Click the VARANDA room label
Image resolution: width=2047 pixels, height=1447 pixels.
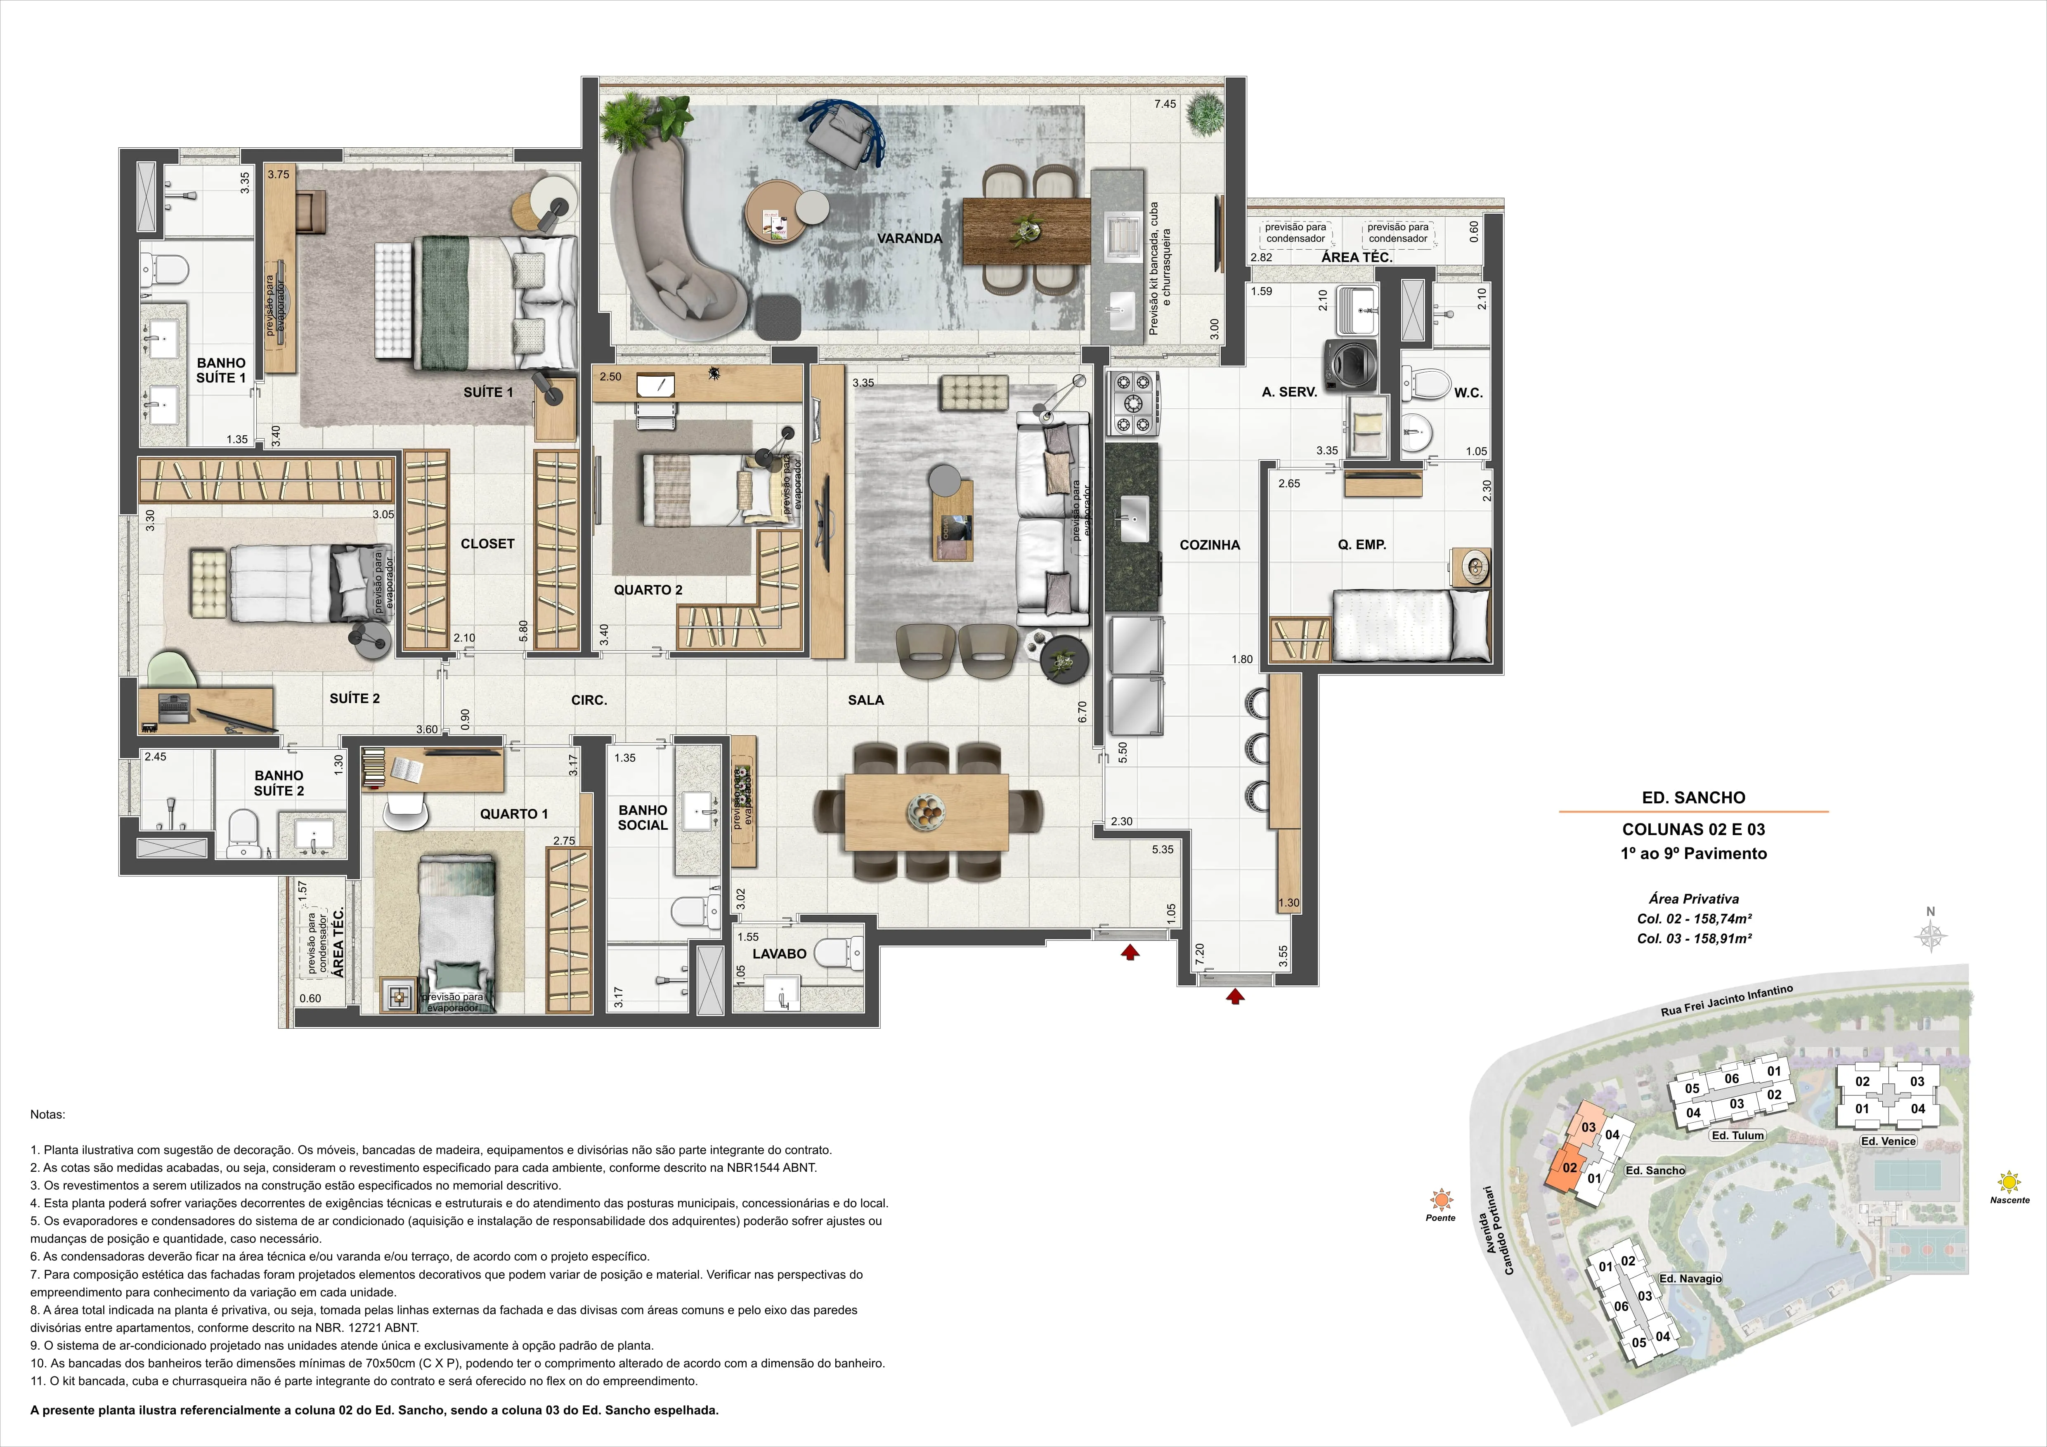pos(909,238)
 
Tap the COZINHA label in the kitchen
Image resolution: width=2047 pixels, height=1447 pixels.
pos(1210,545)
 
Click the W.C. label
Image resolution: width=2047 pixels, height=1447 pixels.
pos(1468,392)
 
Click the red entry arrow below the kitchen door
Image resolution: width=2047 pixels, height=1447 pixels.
pos(1235,996)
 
